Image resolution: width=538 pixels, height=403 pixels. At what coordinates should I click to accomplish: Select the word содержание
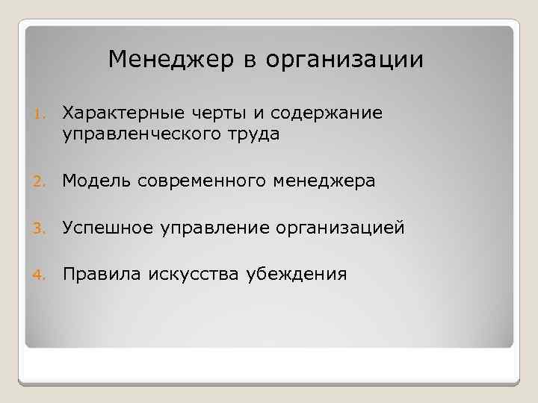(327, 113)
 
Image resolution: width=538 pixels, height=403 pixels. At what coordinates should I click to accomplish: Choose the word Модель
(96, 180)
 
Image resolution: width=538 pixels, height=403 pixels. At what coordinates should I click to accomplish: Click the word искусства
(191, 274)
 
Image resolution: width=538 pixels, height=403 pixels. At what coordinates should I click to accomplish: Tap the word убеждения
(297, 274)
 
